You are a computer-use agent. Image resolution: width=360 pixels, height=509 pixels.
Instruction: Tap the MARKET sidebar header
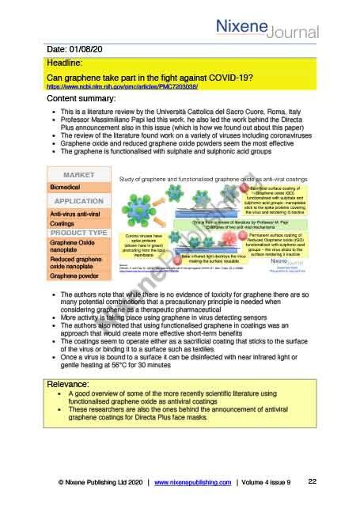pos(80,174)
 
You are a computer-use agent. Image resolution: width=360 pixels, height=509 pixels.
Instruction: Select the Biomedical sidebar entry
pos(70,188)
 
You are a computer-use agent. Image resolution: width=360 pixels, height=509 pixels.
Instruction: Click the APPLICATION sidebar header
pos(80,201)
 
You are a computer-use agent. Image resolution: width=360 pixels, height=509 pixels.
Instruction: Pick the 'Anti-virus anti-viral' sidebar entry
pos(79,215)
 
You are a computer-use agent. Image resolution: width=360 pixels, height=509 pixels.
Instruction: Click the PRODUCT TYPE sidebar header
pos(80,234)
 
